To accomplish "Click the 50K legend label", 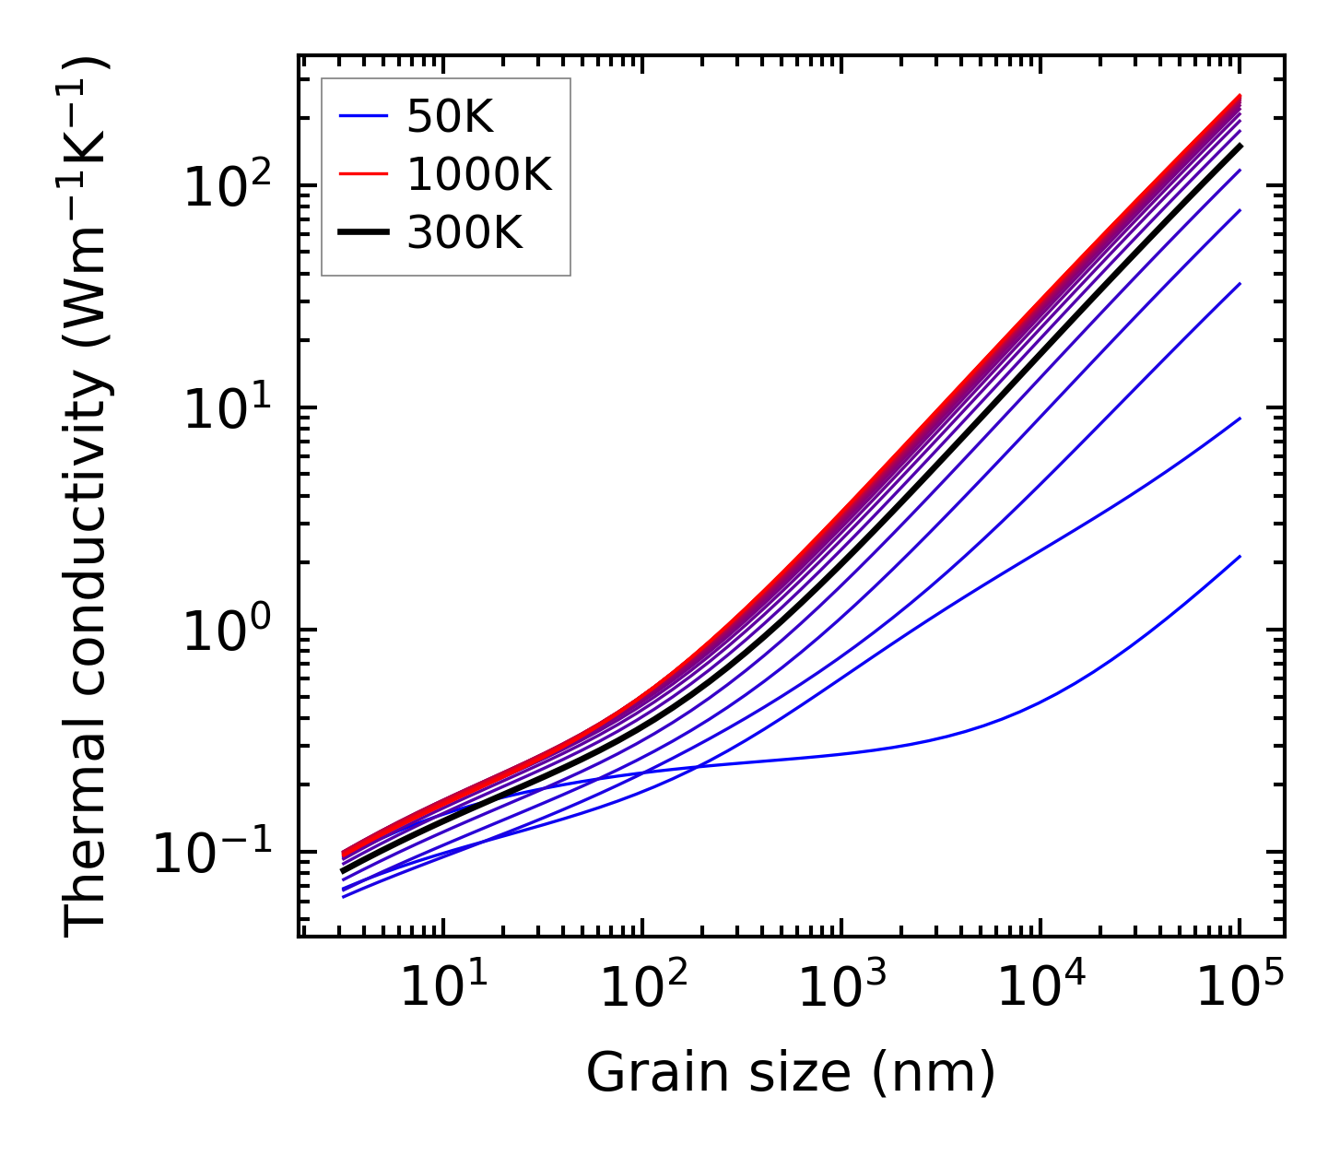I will click(451, 117).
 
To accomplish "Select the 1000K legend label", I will click(479, 175).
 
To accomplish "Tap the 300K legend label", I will click(464, 233).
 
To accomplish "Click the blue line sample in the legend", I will click(363, 117).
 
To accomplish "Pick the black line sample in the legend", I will click(363, 233).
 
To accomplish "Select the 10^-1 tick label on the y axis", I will click(221, 855).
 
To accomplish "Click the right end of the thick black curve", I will click(1240, 146).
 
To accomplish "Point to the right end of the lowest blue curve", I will click(1240, 557).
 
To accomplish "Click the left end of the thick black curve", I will click(343, 870).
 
